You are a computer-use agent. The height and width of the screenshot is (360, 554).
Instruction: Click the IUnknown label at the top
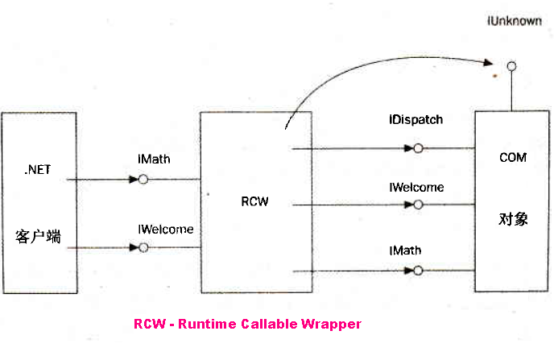coord(515,22)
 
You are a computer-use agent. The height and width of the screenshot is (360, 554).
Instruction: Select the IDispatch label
coord(415,120)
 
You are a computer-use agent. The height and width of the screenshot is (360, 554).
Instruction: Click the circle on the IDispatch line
coord(419,148)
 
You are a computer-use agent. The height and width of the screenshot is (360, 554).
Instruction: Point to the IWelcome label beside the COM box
coord(416,188)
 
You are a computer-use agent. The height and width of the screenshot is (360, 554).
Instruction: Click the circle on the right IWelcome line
coord(419,205)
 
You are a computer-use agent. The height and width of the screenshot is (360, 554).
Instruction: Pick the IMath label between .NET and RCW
coord(155,160)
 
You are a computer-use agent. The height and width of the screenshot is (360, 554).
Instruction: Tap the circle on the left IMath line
coord(143,179)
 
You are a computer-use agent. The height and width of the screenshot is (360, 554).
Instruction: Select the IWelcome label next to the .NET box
coord(166,229)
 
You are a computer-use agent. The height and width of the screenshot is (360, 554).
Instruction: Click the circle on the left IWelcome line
coord(143,247)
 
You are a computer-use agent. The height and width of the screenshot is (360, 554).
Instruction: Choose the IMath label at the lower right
coord(405,251)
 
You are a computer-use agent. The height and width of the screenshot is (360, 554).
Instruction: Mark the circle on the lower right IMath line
coord(419,271)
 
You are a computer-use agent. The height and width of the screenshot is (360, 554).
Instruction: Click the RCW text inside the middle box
coord(254,201)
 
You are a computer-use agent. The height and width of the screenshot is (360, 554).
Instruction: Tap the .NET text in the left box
coord(39,170)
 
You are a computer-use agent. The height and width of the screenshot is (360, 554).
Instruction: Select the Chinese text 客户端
coord(39,237)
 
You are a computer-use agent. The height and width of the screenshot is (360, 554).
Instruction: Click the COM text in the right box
coord(513,158)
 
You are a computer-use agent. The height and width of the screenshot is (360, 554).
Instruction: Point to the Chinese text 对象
coord(513,219)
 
